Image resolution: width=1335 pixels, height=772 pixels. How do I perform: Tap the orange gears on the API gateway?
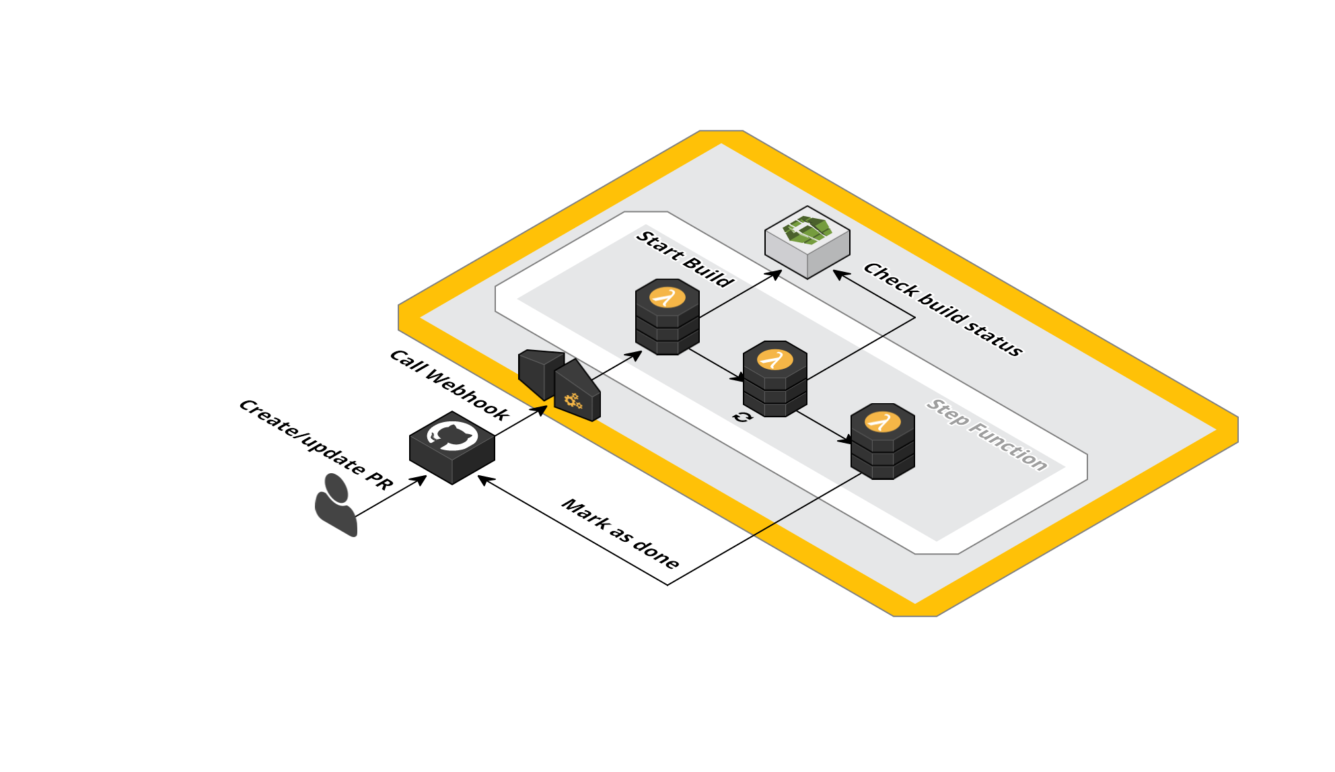click(573, 402)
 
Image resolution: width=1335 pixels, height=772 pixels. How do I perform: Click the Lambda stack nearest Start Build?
click(667, 316)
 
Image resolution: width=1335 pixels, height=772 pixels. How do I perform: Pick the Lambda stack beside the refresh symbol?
click(775, 378)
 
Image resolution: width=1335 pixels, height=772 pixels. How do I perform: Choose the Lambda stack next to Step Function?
click(883, 441)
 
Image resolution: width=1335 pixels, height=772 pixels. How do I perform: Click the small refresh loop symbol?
click(742, 417)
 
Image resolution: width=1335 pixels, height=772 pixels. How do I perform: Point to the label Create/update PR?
click(316, 444)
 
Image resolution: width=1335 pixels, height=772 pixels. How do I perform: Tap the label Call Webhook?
click(449, 385)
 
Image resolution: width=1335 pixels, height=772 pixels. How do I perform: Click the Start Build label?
click(685, 259)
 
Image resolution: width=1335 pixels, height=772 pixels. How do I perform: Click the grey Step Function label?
click(987, 434)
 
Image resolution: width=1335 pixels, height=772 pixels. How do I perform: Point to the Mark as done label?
click(620, 533)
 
